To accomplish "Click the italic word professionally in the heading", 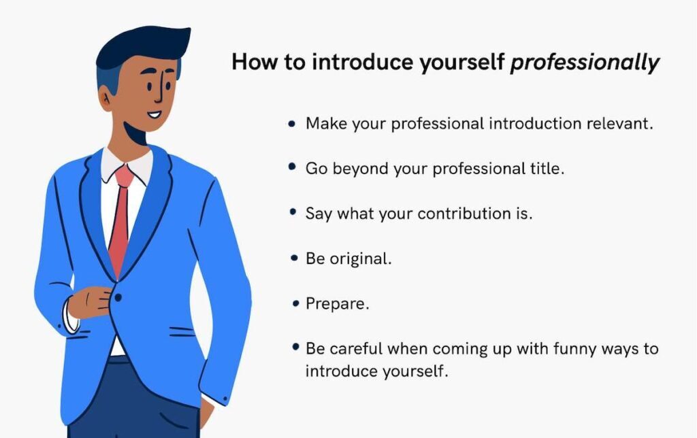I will pyautogui.click(x=585, y=63).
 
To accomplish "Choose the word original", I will pyautogui.click(x=360, y=258).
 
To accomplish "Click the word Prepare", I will pyautogui.click(x=338, y=304).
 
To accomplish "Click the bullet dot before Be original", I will pyautogui.click(x=293, y=258).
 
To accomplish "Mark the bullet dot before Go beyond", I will pyautogui.click(x=293, y=167).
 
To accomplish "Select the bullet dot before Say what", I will pyautogui.click(x=293, y=212).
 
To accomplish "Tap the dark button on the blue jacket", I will pyautogui.click(x=118, y=297).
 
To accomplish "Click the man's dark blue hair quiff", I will pyautogui.click(x=146, y=44).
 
